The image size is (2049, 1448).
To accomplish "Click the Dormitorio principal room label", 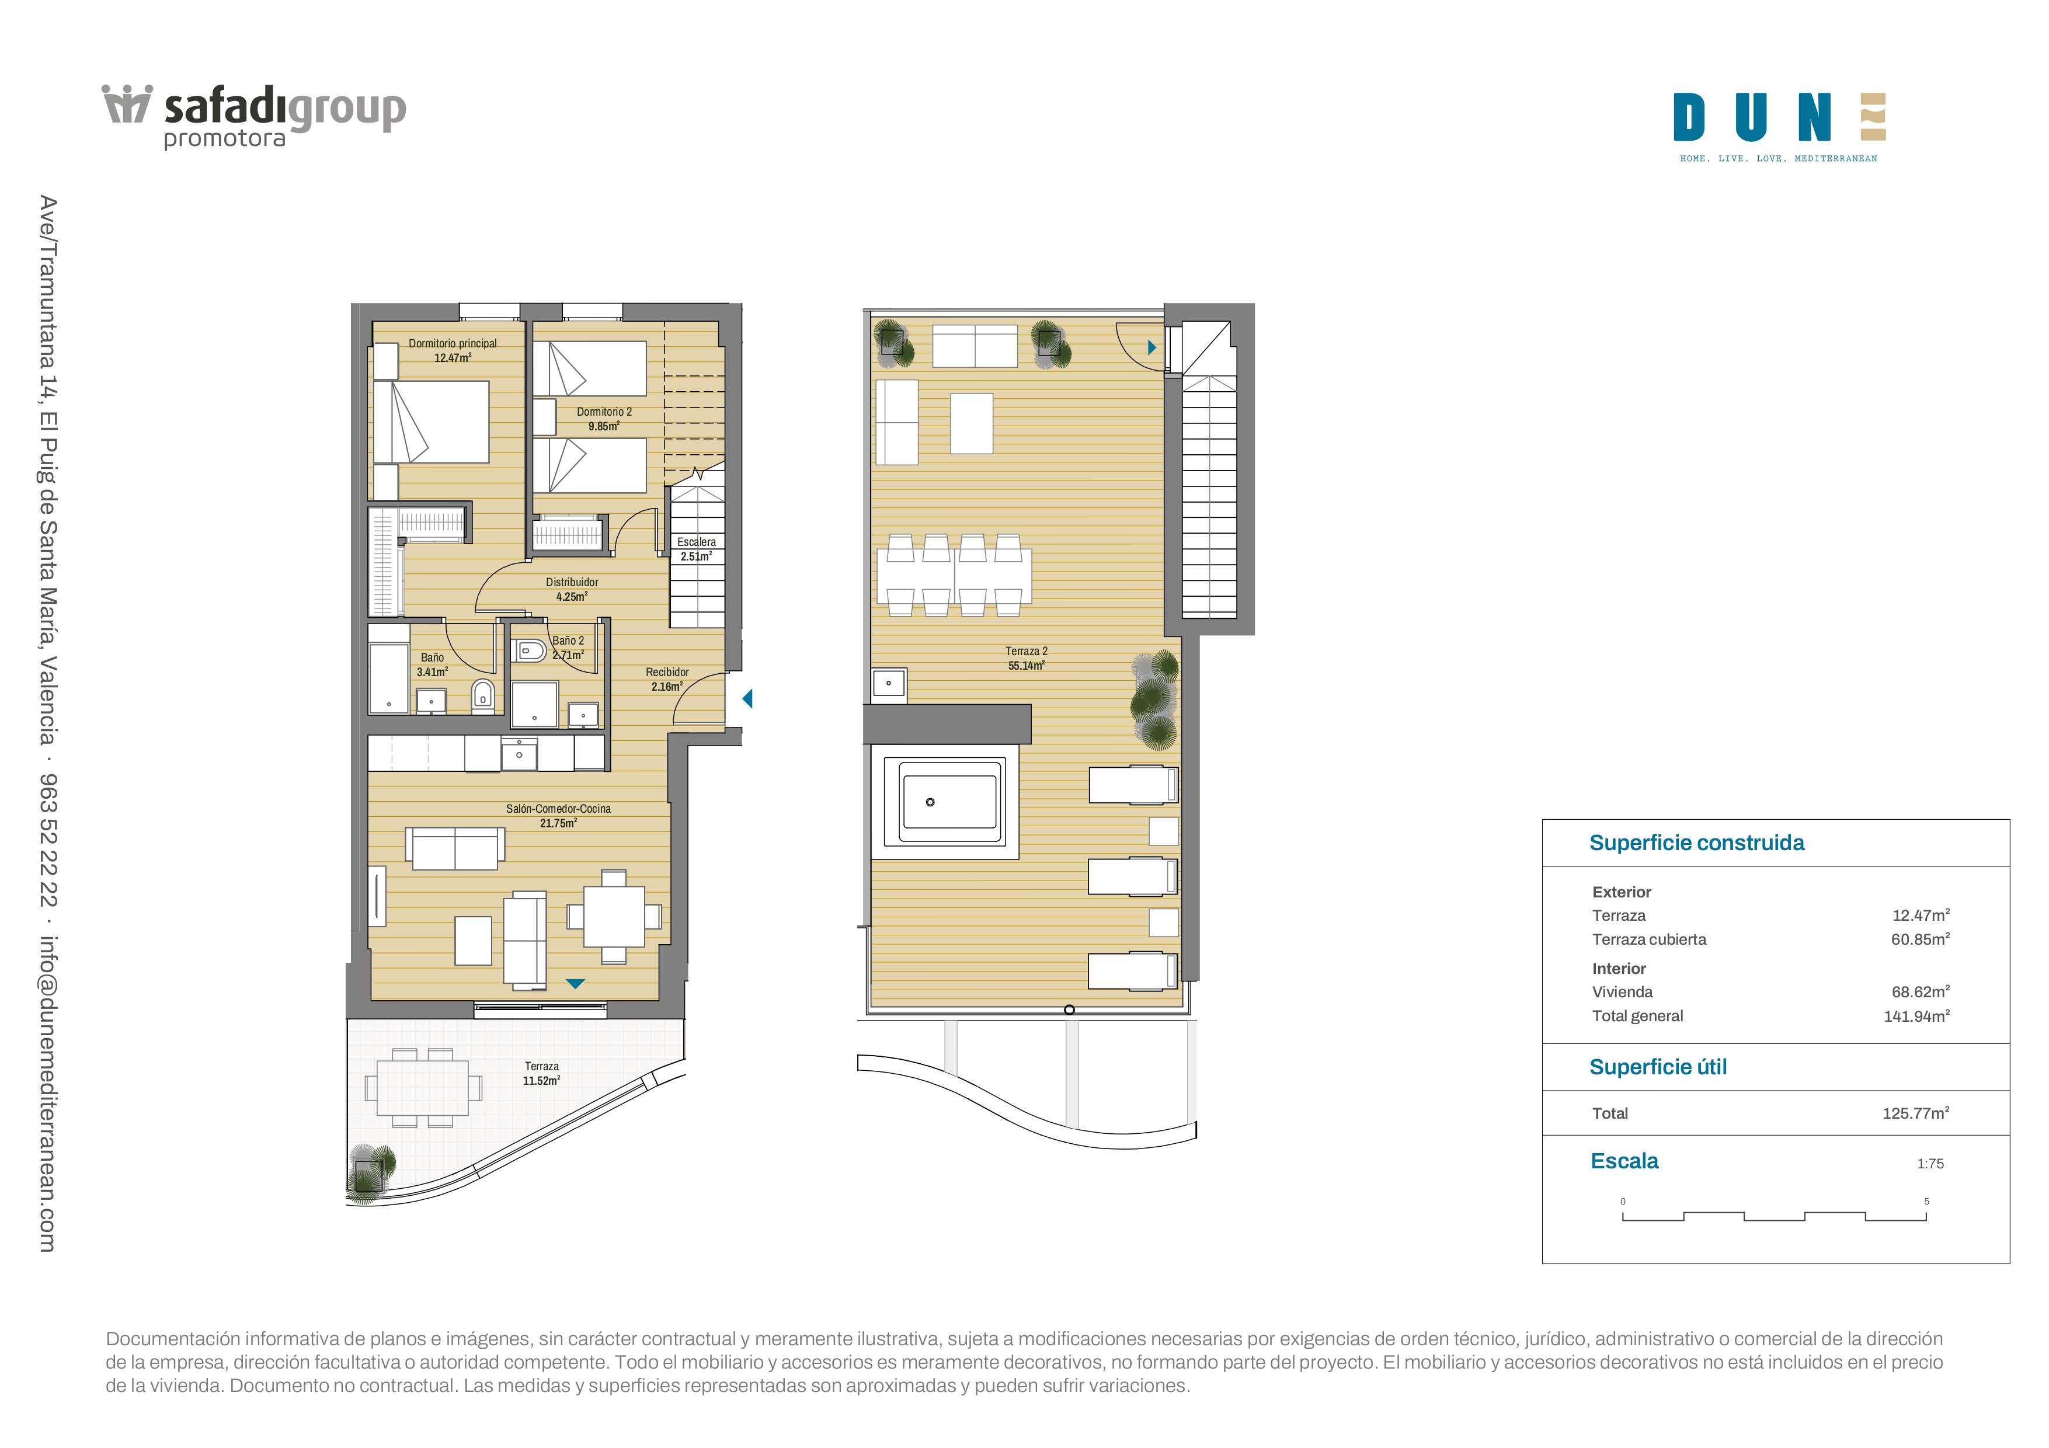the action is (x=453, y=350).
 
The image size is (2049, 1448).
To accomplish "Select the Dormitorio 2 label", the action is (x=604, y=419).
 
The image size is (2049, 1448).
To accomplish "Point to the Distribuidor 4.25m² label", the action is (x=572, y=589).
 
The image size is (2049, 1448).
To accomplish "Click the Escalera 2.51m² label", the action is (x=696, y=549).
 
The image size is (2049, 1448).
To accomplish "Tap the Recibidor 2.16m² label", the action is (x=667, y=679).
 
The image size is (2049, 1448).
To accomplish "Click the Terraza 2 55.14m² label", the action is (x=1027, y=657).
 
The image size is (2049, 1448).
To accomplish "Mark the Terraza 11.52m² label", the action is (x=542, y=1073).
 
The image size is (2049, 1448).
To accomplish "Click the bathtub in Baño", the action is (x=389, y=669).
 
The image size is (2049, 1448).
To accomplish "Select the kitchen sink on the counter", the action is (x=519, y=753).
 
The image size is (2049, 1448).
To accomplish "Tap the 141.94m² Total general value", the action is (x=1916, y=1015).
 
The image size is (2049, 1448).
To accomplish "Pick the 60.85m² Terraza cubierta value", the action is (x=1919, y=938).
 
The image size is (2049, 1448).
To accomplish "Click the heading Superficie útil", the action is (x=1658, y=1067).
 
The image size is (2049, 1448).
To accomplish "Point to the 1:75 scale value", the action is (x=1930, y=1164).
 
